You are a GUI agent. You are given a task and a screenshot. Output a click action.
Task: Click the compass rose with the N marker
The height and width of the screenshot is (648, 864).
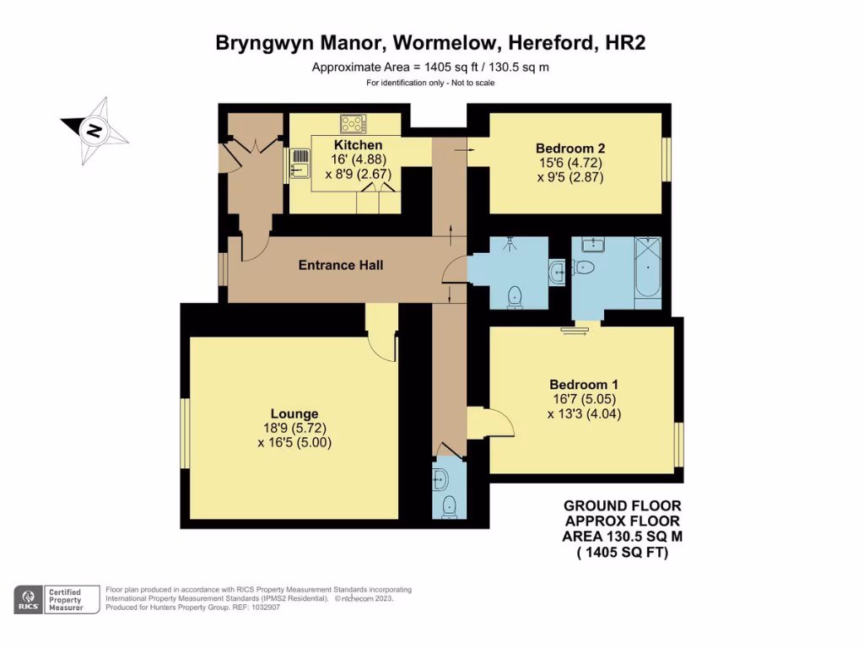pos(94,131)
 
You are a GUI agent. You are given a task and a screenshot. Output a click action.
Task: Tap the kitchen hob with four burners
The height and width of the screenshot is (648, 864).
pos(354,124)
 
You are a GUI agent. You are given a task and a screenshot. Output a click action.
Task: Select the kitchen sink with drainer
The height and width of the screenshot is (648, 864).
pos(300,164)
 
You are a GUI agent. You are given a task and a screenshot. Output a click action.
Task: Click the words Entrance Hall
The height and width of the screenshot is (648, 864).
pos(341,265)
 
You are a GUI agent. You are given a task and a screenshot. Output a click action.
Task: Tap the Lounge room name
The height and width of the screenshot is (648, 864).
pos(294,413)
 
